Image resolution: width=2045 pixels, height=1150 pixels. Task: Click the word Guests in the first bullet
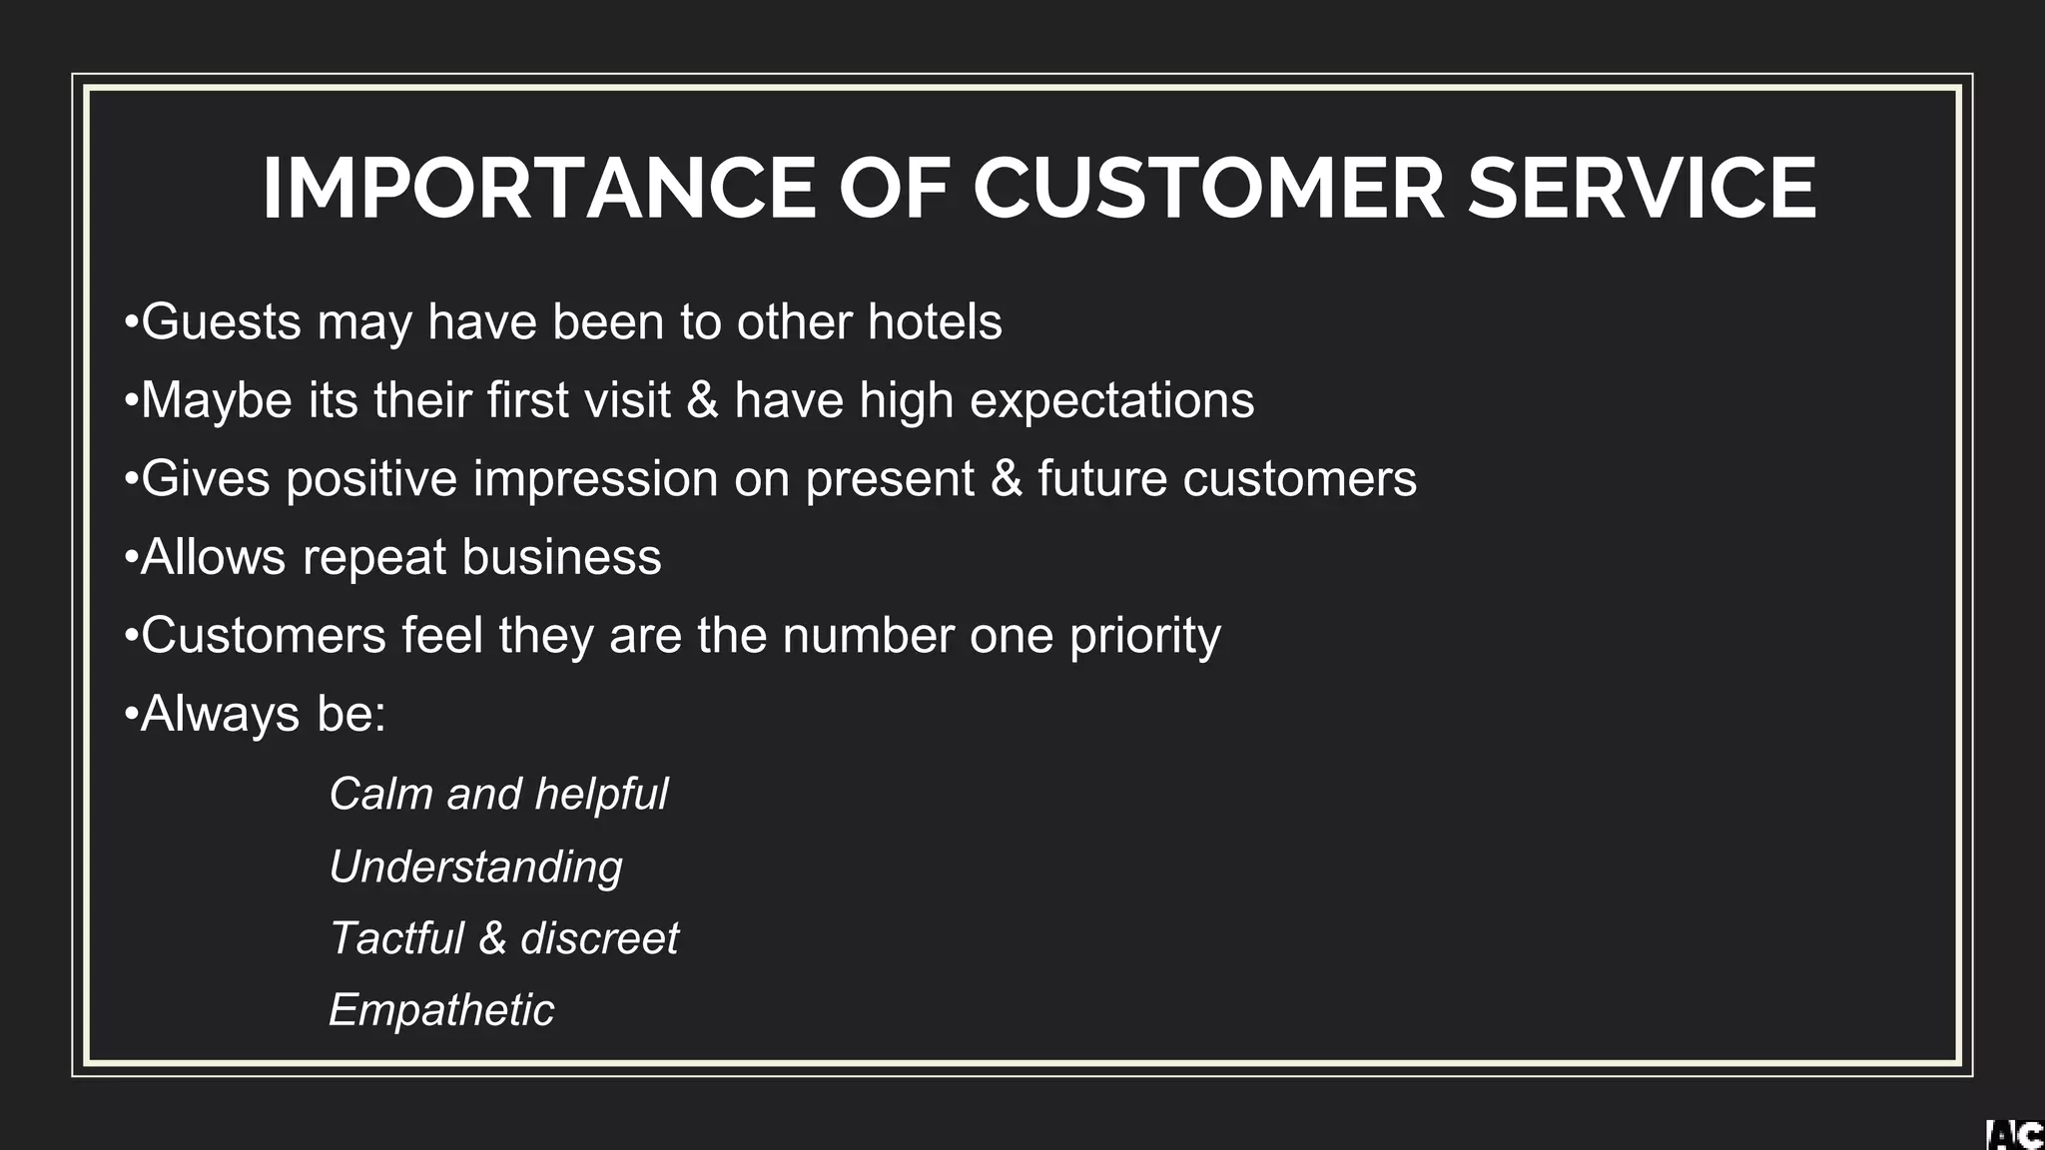222,322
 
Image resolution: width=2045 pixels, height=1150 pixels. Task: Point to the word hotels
935,322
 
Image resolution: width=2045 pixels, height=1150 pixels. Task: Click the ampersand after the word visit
702,400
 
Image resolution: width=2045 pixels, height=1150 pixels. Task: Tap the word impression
595,479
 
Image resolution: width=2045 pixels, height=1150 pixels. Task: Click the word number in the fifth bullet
868,636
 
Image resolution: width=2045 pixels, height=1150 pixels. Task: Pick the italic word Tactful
396,938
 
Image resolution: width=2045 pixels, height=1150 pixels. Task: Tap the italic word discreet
599,938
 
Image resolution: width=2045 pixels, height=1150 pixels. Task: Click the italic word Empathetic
440,1010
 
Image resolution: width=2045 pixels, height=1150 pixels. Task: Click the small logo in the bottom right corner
2014,1135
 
